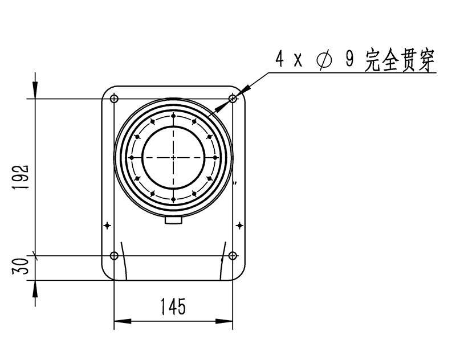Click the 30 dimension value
pyautogui.click(x=22, y=267)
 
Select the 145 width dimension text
pyautogui.click(x=173, y=307)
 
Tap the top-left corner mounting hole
pyautogui.click(x=114, y=99)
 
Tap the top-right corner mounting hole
pyautogui.click(x=233, y=99)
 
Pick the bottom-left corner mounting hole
pyautogui.click(x=114, y=255)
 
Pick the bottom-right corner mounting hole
pyautogui.click(x=233, y=255)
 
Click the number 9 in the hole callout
pyautogui.click(x=349, y=60)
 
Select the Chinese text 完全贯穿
pyautogui.click(x=400, y=60)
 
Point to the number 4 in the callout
pyautogui.click(x=279, y=60)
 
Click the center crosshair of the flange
pyautogui.click(x=173, y=157)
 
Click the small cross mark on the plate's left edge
pyautogui.click(x=107, y=226)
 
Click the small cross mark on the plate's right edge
pyautogui.click(x=239, y=226)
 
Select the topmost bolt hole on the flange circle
pyautogui.click(x=173, y=116)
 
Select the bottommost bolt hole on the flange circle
pyautogui.click(x=173, y=198)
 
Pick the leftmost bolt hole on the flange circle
pyautogui.click(x=132, y=157)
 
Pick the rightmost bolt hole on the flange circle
pyautogui.click(x=214, y=157)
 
